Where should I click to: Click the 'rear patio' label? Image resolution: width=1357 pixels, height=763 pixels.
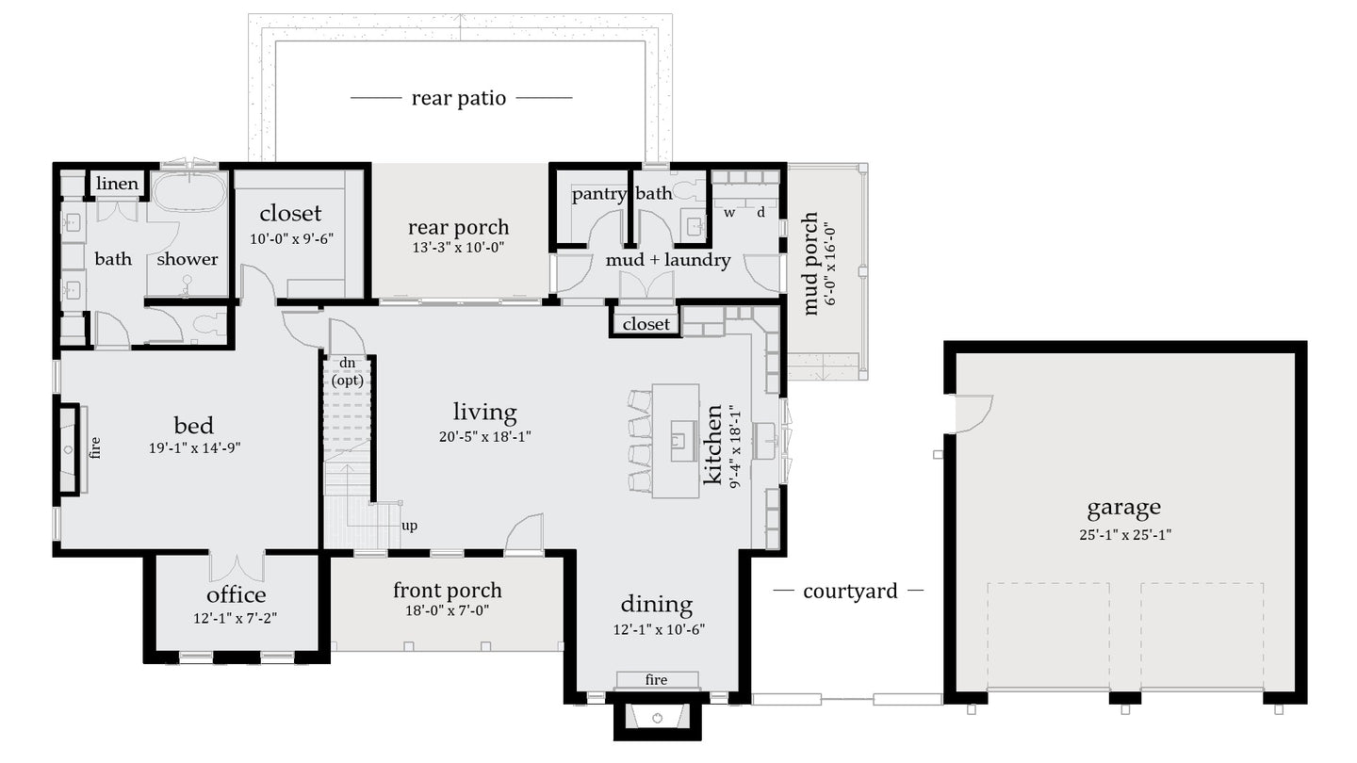click(459, 98)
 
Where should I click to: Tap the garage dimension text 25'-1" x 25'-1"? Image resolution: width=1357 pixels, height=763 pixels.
click(1123, 535)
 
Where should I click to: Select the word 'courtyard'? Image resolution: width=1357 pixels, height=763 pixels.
click(849, 592)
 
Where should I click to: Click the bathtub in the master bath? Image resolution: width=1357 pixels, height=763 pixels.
click(189, 191)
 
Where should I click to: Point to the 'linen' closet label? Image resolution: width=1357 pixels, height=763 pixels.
click(117, 184)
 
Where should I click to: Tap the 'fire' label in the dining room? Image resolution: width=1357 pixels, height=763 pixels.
click(657, 680)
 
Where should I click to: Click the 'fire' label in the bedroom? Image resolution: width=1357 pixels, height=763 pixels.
click(95, 446)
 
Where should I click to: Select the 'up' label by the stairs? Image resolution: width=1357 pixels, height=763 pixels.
click(410, 526)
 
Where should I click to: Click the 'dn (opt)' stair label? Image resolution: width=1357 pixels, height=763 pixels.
click(347, 372)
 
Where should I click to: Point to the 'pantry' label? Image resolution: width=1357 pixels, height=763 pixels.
click(598, 194)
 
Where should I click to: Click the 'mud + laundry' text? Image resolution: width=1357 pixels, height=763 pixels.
click(667, 260)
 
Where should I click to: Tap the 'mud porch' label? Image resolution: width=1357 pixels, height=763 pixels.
click(809, 263)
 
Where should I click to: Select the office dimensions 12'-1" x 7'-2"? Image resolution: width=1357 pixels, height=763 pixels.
click(236, 619)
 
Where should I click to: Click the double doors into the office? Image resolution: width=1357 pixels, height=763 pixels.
click(237, 565)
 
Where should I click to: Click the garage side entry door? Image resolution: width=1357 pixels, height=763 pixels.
click(973, 413)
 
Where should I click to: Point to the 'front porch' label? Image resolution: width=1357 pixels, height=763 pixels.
click(447, 591)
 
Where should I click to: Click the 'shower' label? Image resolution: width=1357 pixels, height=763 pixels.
click(187, 259)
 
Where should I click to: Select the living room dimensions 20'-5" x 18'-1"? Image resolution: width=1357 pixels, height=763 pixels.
click(484, 436)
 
